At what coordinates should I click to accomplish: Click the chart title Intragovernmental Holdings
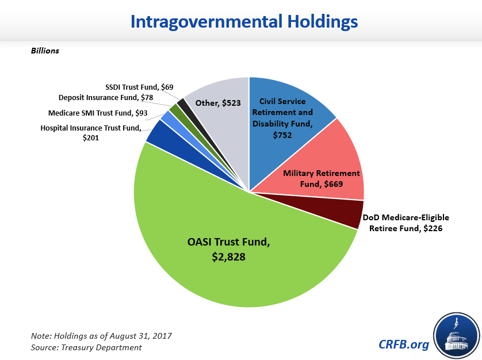click(244, 22)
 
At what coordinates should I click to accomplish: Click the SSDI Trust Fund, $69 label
click(140, 86)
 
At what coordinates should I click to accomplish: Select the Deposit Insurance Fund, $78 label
click(106, 98)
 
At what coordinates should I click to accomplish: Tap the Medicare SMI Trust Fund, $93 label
click(98, 113)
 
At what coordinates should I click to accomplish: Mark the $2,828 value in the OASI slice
click(228, 257)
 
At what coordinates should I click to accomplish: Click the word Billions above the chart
click(45, 51)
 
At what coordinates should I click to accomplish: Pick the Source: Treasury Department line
click(86, 347)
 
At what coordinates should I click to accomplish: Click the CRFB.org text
click(404, 344)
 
